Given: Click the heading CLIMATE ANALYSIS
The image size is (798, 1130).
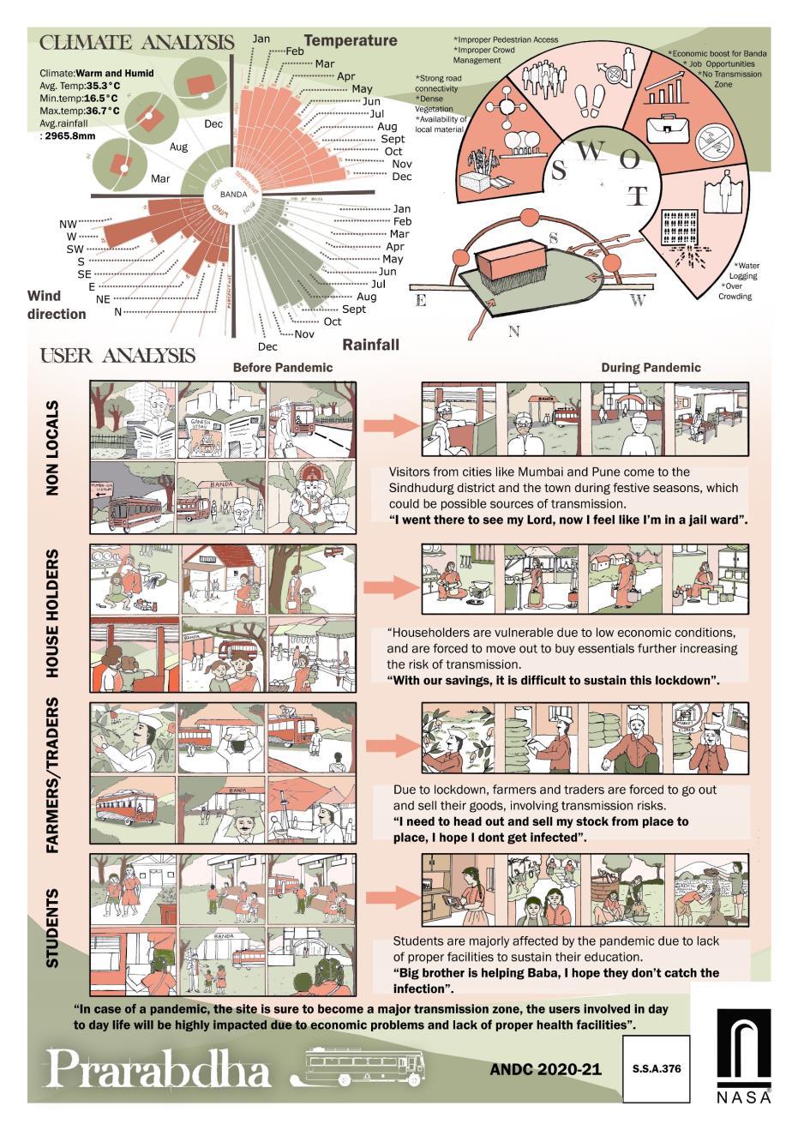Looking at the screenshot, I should [137, 43].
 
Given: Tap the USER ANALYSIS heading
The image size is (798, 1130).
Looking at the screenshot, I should [117, 355].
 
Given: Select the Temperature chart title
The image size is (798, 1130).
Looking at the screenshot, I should [351, 40].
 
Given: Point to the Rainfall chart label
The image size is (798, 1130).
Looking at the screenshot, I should [371, 345].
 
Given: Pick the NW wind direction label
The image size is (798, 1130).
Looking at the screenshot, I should [68, 225].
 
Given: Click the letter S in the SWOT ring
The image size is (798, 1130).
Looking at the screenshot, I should [559, 170].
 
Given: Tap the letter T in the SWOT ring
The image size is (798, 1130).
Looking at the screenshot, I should [635, 196].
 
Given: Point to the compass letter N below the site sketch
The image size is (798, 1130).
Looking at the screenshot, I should [513, 332].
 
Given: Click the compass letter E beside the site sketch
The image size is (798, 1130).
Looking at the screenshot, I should [420, 300].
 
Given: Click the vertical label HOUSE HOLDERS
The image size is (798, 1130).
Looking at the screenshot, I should [54, 613].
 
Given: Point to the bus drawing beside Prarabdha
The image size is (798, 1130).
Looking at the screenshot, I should [365, 1067].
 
